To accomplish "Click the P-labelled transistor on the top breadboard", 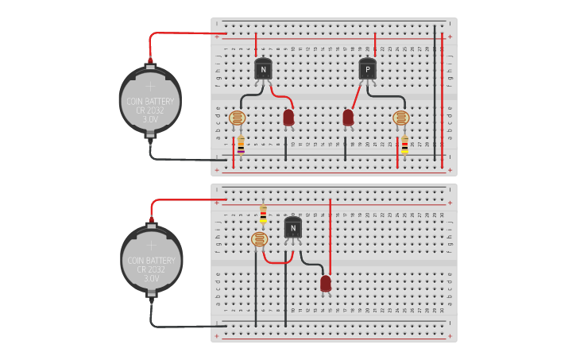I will (367, 70).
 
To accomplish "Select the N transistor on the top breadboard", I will (263, 70).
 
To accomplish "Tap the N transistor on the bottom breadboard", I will (293, 229).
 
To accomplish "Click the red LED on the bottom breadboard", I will (326, 283).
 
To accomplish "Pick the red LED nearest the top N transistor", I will (288, 118).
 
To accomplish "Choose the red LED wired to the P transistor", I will (348, 118).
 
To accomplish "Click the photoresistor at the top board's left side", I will (237, 118).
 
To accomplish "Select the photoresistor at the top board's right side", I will (401, 118).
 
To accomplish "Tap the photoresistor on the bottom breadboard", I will (259, 239).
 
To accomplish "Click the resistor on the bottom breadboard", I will (263, 214).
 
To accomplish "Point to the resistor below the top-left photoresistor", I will (241, 145).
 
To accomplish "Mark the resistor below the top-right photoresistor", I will (404, 145).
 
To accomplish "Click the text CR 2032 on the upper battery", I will (150, 110).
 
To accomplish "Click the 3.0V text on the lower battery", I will (151, 278).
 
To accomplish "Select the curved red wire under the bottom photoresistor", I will (277, 261).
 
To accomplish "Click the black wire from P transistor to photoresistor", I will (389, 96).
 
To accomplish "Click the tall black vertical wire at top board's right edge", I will (435, 95).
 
